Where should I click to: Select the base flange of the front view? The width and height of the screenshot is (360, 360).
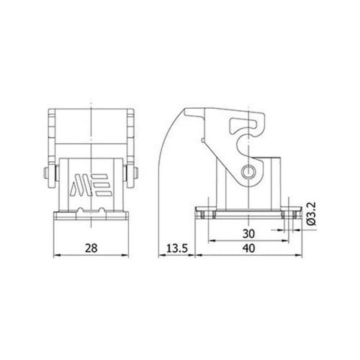[91, 217]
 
